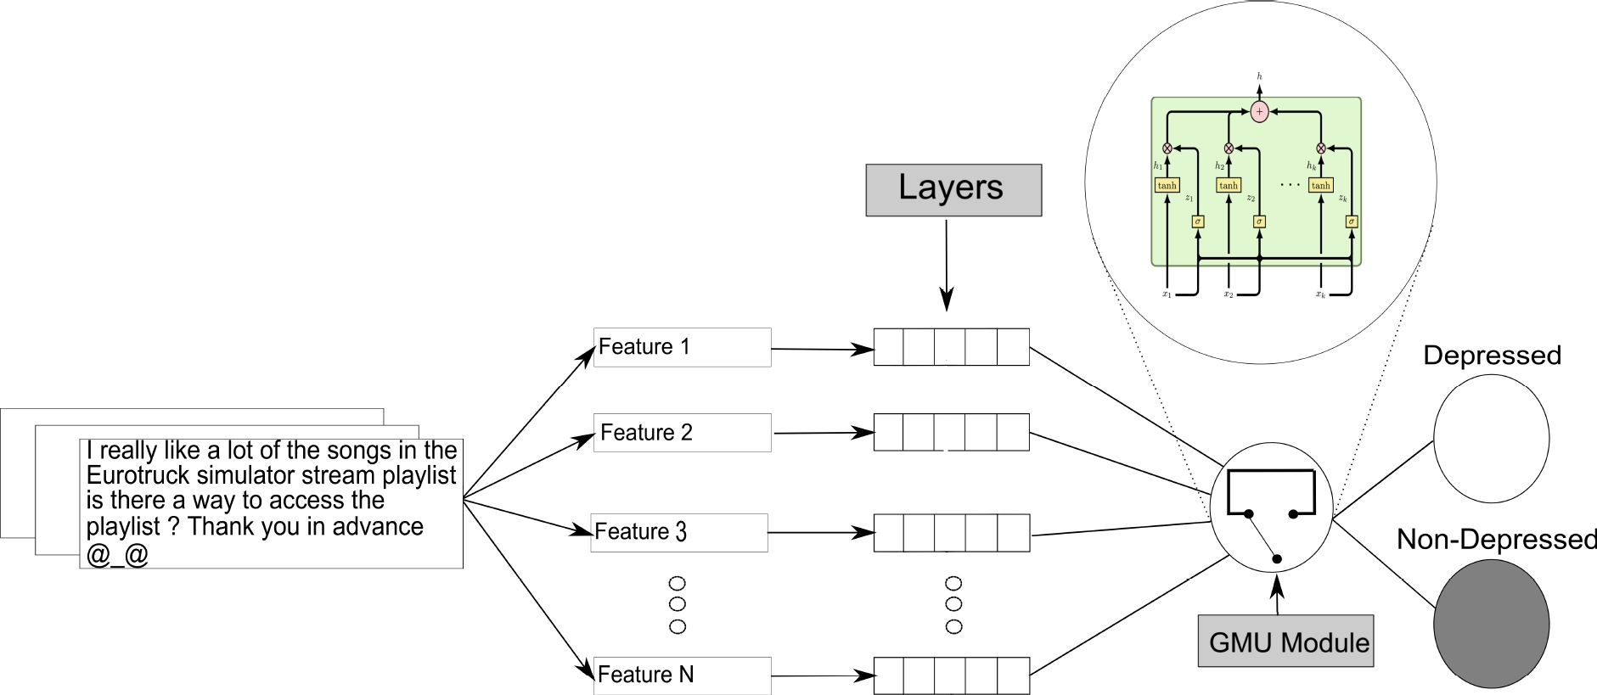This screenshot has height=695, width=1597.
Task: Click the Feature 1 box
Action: (x=682, y=347)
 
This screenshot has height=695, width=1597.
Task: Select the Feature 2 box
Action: (x=682, y=433)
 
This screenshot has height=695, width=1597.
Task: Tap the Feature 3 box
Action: (x=679, y=532)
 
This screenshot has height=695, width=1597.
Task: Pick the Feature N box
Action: (x=682, y=675)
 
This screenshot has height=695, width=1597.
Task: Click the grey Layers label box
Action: (x=953, y=189)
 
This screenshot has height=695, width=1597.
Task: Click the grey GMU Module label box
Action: (x=1285, y=641)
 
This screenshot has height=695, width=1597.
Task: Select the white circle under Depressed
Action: (x=1491, y=439)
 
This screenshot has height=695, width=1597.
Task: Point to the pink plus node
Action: (x=1259, y=112)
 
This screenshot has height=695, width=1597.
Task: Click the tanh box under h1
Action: (x=1167, y=185)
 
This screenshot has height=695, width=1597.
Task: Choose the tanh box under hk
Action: (x=1320, y=185)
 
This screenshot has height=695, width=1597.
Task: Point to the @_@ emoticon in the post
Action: (x=117, y=555)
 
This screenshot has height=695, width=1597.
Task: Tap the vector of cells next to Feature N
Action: (x=951, y=676)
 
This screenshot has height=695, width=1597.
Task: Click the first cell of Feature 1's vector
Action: (x=889, y=348)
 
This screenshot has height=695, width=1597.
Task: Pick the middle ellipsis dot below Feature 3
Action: (x=677, y=604)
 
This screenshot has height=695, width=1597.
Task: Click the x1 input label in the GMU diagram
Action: (x=1167, y=294)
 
